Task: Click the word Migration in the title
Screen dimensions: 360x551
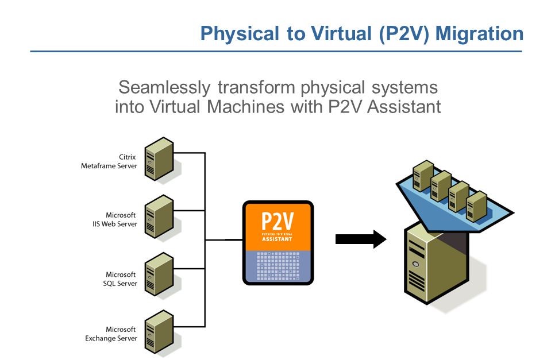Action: pyautogui.click(x=479, y=34)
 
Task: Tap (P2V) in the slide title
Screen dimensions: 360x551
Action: pyautogui.click(x=404, y=34)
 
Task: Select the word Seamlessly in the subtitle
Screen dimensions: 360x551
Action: pyautogui.click(x=164, y=88)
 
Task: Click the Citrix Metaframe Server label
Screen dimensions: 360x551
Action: pyautogui.click(x=109, y=161)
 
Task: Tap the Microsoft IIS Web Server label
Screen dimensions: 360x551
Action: pyautogui.click(x=113, y=219)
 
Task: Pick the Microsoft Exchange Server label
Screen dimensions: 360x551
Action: pyautogui.click(x=111, y=334)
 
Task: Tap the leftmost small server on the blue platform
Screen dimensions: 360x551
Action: pyautogui.click(x=422, y=175)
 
